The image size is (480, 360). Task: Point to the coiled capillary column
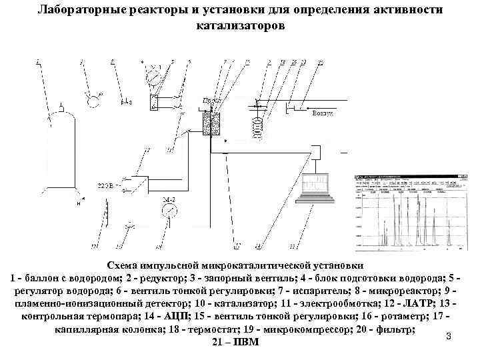(x=256, y=125)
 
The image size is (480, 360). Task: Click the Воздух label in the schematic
(x=323, y=114)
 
